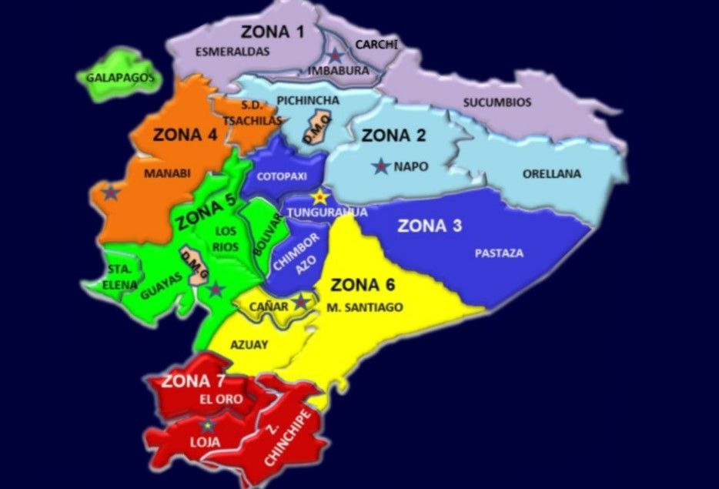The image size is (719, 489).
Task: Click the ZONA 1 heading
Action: pyautogui.click(x=273, y=32)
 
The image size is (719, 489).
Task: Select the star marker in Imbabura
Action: pyautogui.click(x=336, y=55)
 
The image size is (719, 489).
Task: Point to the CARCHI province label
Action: pyautogui.click(x=376, y=45)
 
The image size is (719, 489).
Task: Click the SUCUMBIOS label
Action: pyautogui.click(x=497, y=102)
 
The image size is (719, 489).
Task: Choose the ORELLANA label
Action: pyautogui.click(x=552, y=174)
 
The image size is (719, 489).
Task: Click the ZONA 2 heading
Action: pyautogui.click(x=393, y=136)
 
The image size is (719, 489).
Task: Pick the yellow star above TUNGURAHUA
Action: pyautogui.click(x=319, y=198)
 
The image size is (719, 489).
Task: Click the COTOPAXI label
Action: pyautogui.click(x=276, y=176)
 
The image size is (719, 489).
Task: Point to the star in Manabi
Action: pyautogui.click(x=112, y=193)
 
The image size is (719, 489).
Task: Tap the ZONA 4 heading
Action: pyautogui.click(x=185, y=133)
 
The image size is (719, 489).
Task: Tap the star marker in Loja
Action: pyautogui.click(x=207, y=424)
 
